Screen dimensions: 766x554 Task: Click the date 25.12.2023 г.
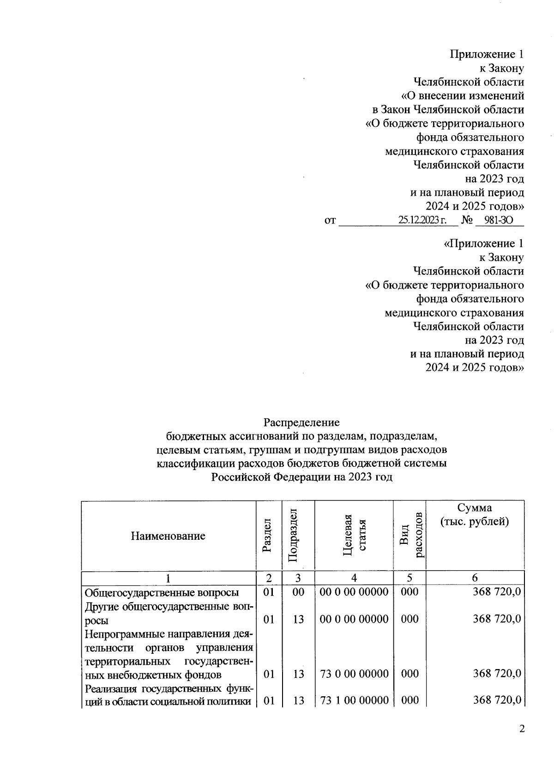[422, 220]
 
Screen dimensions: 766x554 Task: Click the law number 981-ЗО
[498, 220]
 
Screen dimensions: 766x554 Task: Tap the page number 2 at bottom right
[522, 729]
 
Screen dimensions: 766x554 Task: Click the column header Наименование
[168, 536]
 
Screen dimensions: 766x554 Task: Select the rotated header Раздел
[268, 536]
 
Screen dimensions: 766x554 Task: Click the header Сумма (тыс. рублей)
[475, 515]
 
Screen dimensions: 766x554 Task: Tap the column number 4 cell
[354, 578]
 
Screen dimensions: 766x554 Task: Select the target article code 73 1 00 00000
[354, 700]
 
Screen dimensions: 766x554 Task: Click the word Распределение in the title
[301, 422]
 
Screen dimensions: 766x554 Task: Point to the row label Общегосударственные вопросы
[162, 592]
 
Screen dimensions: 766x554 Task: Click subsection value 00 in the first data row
[298, 592]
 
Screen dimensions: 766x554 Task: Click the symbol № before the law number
[467, 220]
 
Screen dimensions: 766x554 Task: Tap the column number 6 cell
[475, 578]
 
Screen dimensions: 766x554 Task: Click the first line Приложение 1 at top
[487, 54]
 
